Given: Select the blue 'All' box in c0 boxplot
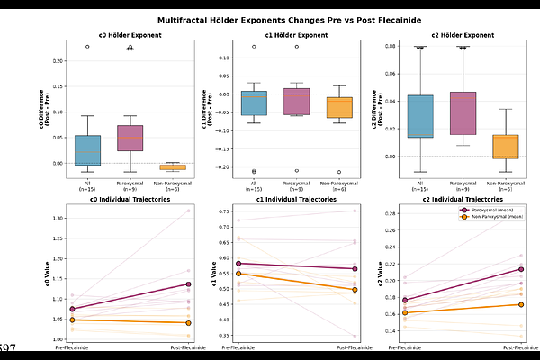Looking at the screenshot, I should [87, 149].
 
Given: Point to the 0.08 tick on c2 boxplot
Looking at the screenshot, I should [390, 45].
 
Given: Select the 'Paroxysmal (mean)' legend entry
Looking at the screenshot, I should [492, 210].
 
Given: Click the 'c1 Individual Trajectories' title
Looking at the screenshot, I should [296, 199].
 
